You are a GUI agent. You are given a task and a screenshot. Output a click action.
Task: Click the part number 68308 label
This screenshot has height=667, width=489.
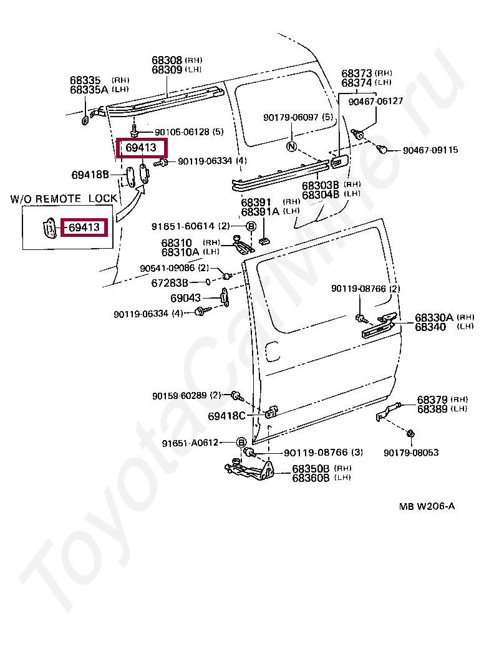(x=167, y=60)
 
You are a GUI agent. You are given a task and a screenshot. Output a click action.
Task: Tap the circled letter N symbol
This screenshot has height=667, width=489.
(x=291, y=146)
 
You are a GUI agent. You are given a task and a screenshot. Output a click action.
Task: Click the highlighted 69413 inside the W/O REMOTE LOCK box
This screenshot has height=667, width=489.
(x=84, y=228)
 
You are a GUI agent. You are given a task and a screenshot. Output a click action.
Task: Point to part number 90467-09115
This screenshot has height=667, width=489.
(x=430, y=150)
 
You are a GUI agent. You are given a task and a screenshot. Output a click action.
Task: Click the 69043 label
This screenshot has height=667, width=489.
(x=186, y=298)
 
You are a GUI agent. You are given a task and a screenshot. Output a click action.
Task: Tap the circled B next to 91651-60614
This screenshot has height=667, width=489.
(x=251, y=226)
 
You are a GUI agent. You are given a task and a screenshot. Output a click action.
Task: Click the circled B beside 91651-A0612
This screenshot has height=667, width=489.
(x=241, y=443)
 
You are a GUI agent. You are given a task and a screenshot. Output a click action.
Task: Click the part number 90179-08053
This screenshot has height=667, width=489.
(x=411, y=453)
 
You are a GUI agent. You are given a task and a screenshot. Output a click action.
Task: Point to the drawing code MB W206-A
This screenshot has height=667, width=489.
(x=427, y=506)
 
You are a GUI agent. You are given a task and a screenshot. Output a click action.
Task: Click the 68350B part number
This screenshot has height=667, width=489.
(x=311, y=468)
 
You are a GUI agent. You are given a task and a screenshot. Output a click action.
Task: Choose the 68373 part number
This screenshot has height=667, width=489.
(x=357, y=73)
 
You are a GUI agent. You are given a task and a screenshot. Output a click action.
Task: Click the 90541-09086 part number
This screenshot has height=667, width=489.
(x=168, y=268)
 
